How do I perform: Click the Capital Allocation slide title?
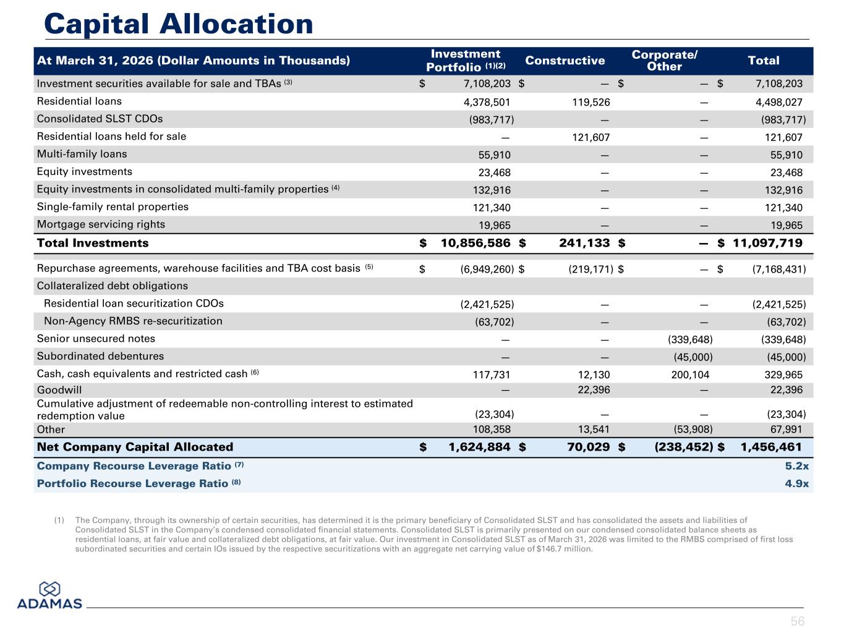[179, 24]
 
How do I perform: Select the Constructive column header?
[565, 61]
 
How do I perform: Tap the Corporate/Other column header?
[665, 61]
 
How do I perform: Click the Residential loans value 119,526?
[591, 102]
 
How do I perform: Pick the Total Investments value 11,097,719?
[767, 243]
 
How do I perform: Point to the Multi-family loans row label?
[82, 154]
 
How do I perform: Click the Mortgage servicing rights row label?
[101, 224]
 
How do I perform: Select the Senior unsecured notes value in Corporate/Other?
[690, 339]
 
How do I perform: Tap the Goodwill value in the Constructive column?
[594, 389]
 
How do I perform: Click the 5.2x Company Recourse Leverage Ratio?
[797, 466]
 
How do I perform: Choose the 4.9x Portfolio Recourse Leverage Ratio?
[797, 483]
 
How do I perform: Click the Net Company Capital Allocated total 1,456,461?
[771, 446]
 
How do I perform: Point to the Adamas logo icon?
[49, 589]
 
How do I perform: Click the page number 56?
[798, 621]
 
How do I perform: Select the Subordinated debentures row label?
[100, 356]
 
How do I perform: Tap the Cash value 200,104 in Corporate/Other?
[690, 375]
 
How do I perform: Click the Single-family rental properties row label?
[113, 206]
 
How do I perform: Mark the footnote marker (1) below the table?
[59, 520]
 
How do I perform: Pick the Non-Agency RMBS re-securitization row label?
[133, 321]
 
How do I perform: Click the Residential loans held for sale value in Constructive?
[591, 137]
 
